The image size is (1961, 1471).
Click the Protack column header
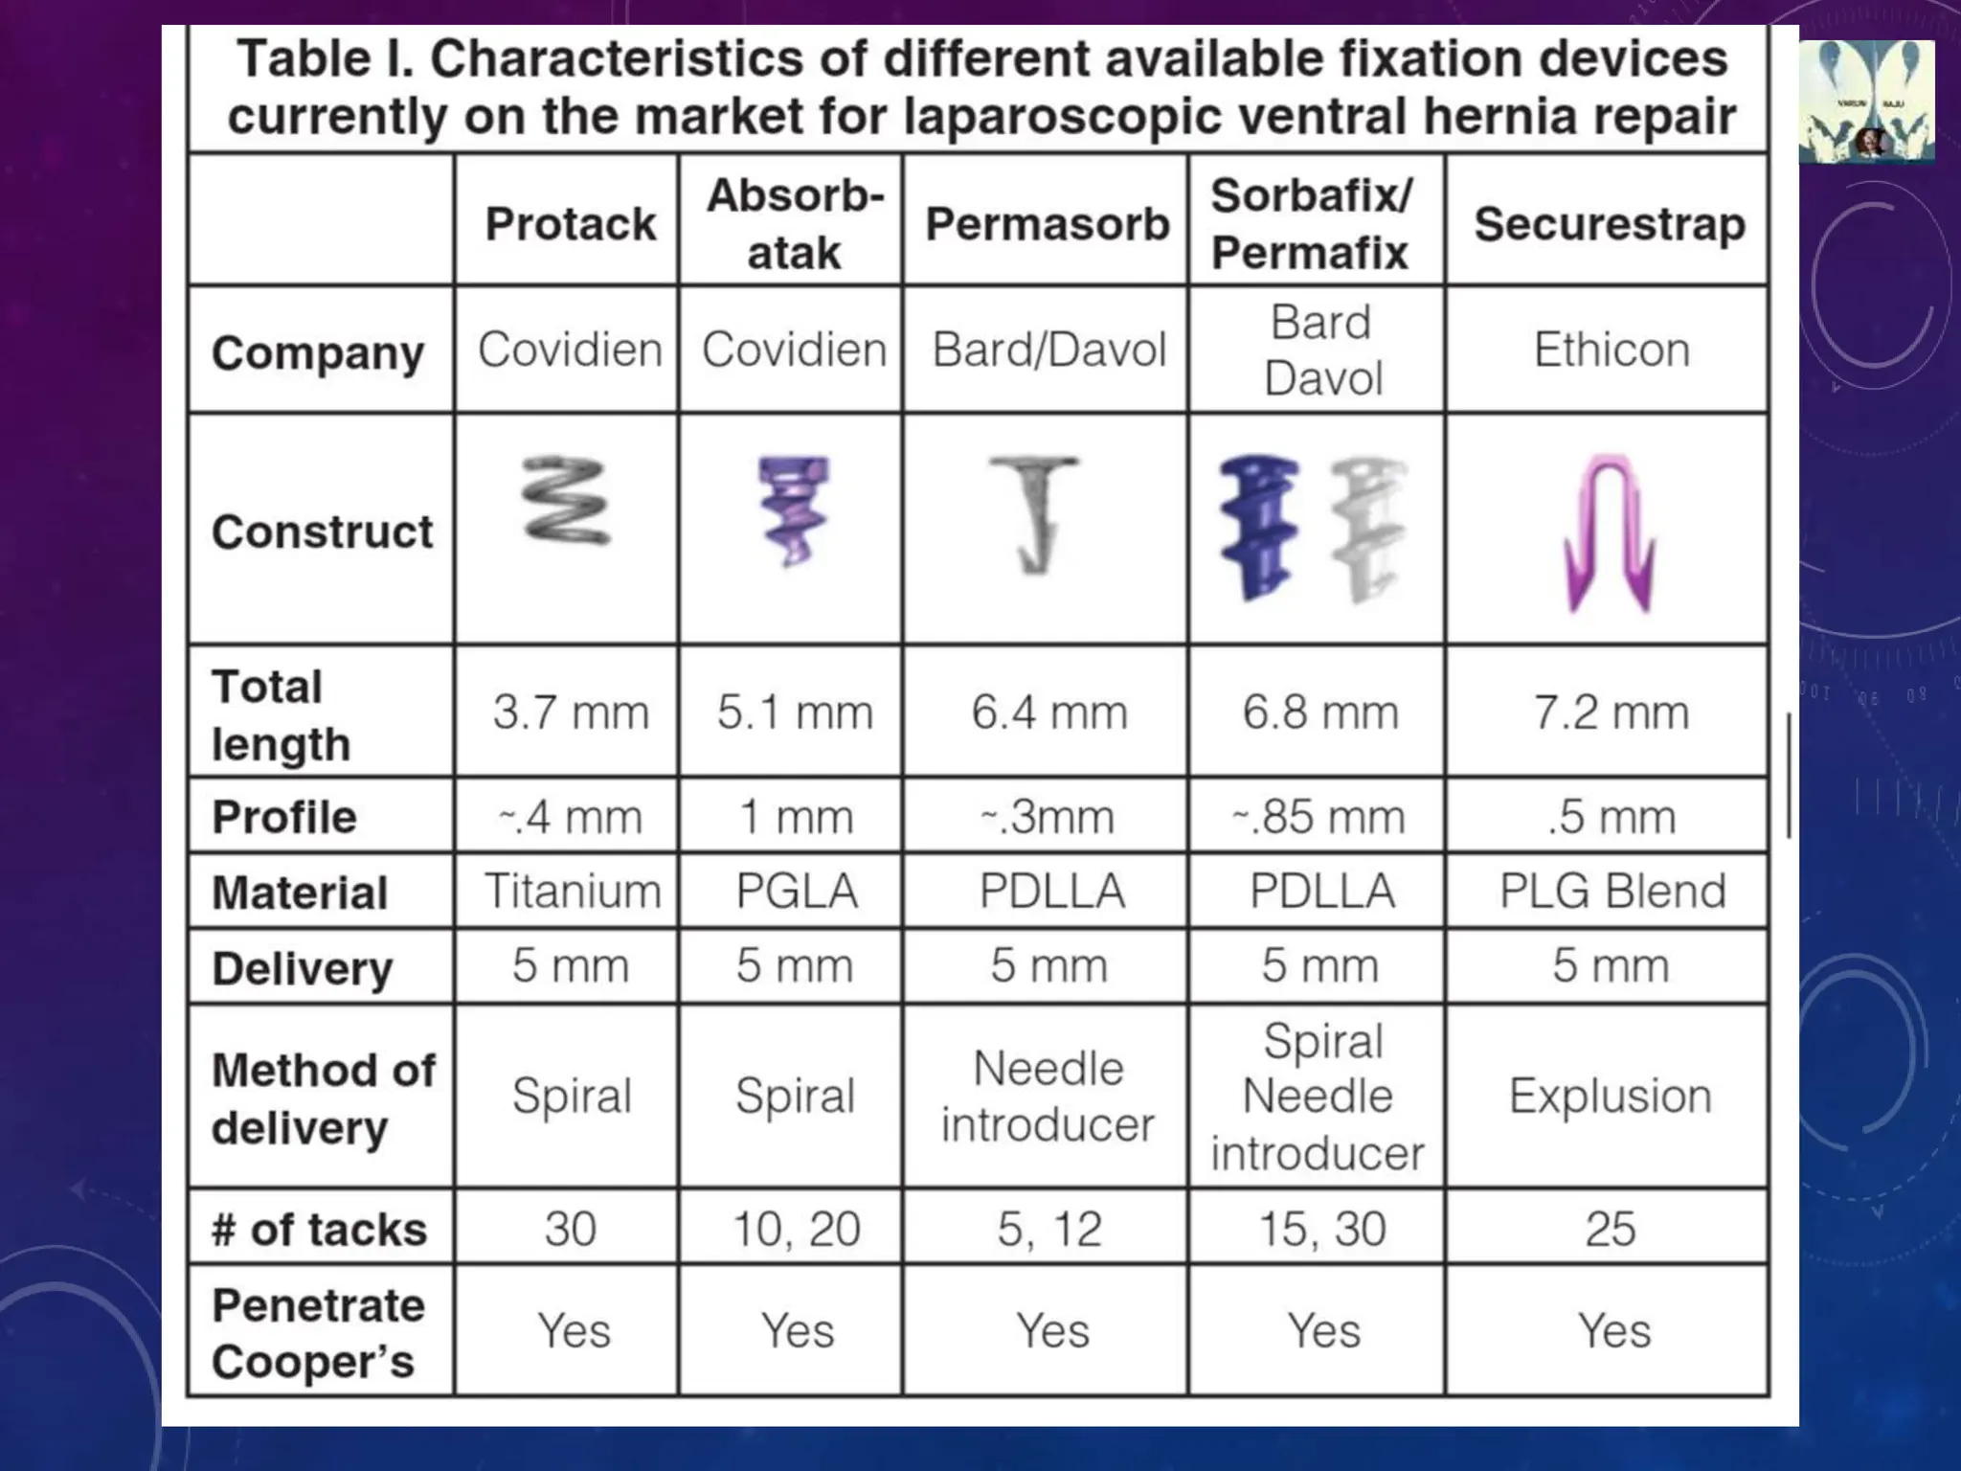point(571,224)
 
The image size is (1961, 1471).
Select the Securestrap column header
point(1610,224)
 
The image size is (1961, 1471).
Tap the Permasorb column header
point(1048,224)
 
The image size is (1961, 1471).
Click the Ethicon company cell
point(1612,350)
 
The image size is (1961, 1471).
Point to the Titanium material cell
point(573,891)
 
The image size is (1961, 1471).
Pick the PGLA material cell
point(796,891)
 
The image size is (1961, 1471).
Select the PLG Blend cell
point(1612,891)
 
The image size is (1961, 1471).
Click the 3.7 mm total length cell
point(571,713)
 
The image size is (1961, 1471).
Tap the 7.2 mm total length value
point(1612,713)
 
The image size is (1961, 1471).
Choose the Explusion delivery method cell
point(1611,1096)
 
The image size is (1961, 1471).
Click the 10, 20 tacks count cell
point(796,1229)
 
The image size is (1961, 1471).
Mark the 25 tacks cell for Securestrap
point(1611,1229)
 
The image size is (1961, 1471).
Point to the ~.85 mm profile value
point(1319,817)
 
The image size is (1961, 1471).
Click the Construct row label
point(322,532)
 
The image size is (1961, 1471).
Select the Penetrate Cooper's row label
point(318,1333)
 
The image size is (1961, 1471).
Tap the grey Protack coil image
point(565,501)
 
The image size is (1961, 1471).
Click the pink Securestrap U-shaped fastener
point(1610,532)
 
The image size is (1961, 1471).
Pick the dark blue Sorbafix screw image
point(1258,527)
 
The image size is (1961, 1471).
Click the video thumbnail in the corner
point(1866,102)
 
